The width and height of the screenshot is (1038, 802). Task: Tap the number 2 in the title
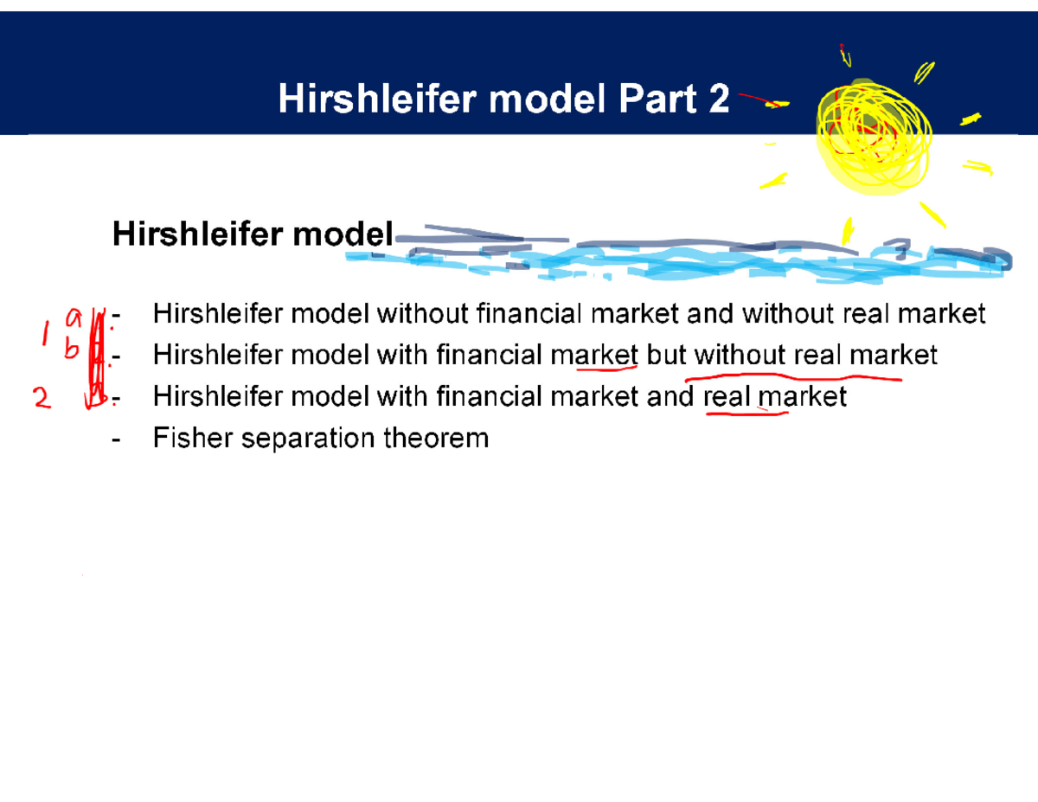coord(718,101)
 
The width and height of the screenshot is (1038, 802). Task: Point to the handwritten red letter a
coord(74,318)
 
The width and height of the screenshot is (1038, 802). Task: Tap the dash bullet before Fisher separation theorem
coord(117,439)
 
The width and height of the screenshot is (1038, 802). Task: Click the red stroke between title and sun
coord(761,101)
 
